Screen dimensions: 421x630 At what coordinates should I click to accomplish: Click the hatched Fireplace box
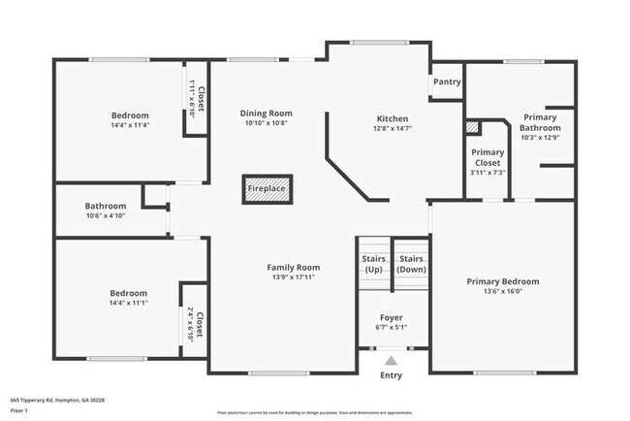(268, 189)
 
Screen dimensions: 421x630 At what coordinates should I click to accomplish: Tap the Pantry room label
(446, 82)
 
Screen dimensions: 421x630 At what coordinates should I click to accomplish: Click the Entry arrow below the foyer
(391, 361)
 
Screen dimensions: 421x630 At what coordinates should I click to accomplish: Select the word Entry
(391, 375)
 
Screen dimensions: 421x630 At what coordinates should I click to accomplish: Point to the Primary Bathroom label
(540, 122)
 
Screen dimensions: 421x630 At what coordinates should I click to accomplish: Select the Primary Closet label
(488, 157)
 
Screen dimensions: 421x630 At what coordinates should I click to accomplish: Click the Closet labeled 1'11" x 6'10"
(197, 100)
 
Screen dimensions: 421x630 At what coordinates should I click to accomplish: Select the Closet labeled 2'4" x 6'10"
(196, 324)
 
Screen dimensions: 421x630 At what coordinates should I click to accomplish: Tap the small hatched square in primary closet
(472, 127)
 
